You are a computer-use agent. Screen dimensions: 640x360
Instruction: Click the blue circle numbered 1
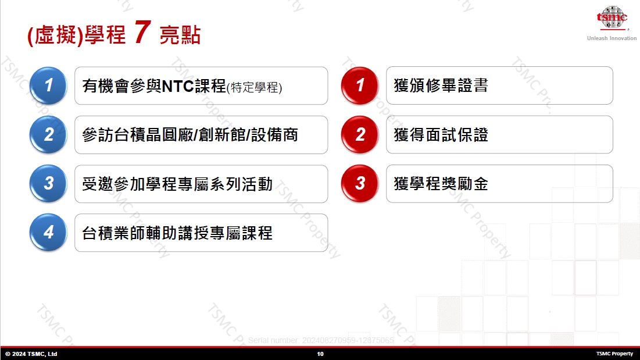coord(48,85)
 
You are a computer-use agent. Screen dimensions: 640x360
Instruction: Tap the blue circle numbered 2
coord(48,134)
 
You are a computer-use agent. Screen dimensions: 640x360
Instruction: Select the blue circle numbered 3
coord(48,183)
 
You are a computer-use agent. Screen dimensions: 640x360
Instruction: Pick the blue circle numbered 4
coord(48,232)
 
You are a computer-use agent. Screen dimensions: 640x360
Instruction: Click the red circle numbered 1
coord(360,85)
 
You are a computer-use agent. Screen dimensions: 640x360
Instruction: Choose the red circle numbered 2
coord(360,134)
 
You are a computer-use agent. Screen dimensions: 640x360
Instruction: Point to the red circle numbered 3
coord(360,183)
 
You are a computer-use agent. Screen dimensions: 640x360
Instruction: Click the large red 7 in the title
coord(142,32)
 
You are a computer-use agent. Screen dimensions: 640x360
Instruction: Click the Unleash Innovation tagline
coord(612,38)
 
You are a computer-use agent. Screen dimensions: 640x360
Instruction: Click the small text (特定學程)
coord(254,87)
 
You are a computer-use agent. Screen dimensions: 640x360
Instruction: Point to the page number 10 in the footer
coord(320,354)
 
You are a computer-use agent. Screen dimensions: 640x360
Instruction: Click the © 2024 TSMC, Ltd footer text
coord(31,354)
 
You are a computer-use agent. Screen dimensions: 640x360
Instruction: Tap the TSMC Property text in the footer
coord(614,354)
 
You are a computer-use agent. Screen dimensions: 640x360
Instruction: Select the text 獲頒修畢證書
coord(441,85)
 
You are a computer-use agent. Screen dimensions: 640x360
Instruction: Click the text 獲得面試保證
coord(441,135)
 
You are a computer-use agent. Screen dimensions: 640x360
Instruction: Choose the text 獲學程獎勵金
coord(441,184)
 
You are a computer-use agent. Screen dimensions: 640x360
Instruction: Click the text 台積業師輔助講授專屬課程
coord(177,233)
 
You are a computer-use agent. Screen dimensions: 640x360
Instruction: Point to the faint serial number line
coord(321,340)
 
